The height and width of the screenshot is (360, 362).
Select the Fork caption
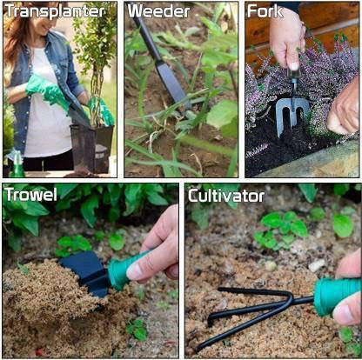click(x=265, y=11)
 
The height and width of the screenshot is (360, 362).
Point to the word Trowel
click(x=30, y=194)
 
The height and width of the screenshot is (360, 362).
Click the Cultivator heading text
click(x=227, y=195)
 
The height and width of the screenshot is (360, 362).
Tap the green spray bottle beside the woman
click(x=17, y=163)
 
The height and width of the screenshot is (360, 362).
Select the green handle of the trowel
click(x=121, y=270)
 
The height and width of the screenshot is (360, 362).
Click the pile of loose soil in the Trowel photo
click(x=48, y=304)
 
